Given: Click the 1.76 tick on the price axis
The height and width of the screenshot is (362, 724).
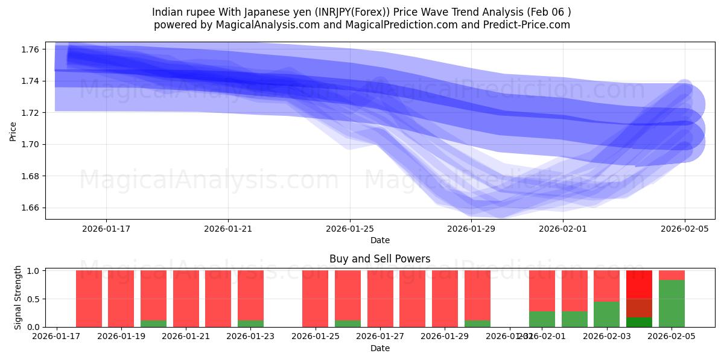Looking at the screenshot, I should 30,49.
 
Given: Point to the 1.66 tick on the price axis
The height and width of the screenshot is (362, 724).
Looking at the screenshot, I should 30,208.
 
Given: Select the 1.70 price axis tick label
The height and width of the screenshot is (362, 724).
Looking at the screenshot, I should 30,144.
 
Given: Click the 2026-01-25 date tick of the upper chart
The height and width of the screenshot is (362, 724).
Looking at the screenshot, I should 350,229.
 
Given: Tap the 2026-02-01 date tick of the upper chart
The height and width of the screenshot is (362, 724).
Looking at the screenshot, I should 563,229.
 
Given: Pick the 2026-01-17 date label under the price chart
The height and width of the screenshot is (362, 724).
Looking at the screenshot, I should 106,229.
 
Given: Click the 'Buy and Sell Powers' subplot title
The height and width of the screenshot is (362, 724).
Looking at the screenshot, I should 379,259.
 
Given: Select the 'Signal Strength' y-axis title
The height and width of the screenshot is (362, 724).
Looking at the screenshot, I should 17,297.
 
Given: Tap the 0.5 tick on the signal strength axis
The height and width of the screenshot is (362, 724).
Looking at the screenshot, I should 33,299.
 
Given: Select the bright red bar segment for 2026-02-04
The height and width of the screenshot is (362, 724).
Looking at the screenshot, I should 639,284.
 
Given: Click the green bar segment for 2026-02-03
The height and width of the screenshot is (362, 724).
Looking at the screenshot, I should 606,314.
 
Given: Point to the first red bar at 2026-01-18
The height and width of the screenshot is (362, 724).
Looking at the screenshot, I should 89,299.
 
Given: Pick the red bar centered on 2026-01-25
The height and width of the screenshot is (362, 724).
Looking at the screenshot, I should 315,299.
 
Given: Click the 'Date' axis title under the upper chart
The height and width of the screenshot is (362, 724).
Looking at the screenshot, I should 379,240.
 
